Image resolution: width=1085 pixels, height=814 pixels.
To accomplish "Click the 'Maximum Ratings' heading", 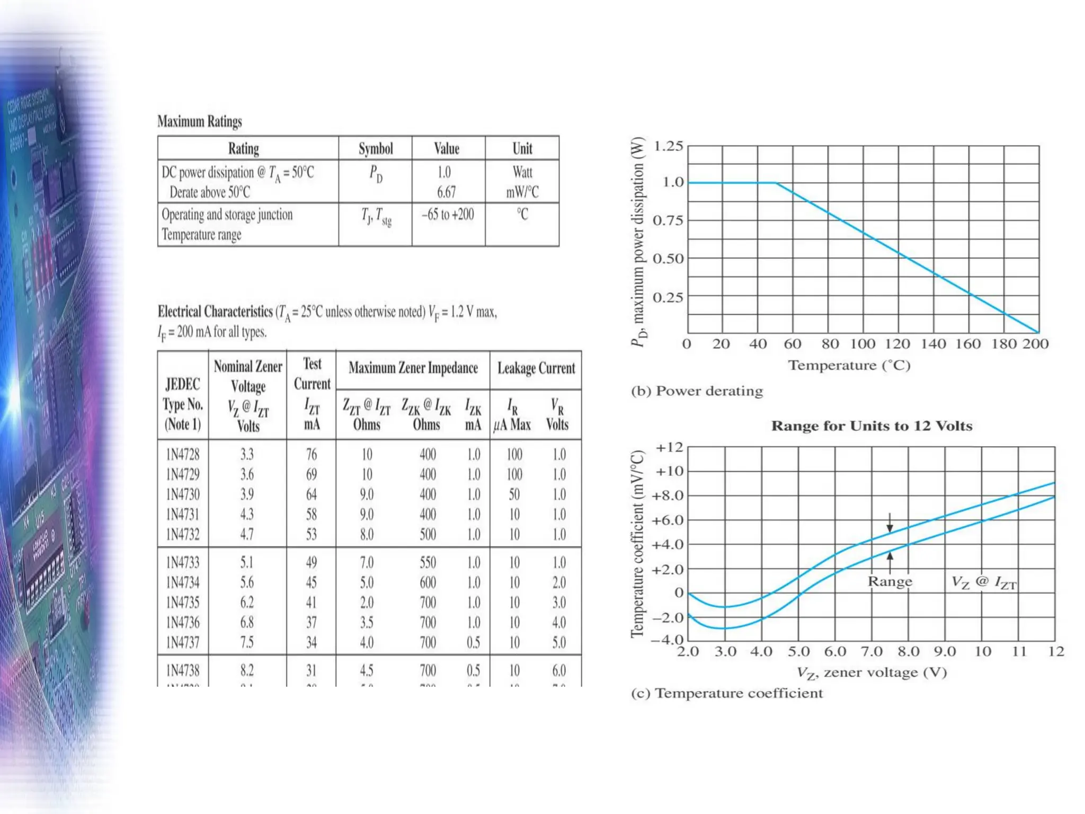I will (x=200, y=121).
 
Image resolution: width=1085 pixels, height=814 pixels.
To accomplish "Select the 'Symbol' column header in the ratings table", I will (x=376, y=148).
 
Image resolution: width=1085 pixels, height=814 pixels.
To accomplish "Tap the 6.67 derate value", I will (x=446, y=192).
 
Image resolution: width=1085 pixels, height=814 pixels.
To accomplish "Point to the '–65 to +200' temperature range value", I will (x=448, y=215).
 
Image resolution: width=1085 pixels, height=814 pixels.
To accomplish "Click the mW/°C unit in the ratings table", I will (x=522, y=192).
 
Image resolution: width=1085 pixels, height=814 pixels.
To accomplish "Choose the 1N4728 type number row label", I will (x=183, y=454).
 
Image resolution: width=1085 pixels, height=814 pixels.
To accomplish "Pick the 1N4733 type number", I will (x=183, y=562).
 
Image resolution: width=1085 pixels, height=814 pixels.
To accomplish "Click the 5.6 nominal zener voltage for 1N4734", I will (x=247, y=582).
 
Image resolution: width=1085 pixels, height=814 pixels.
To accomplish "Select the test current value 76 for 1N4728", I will (x=312, y=454).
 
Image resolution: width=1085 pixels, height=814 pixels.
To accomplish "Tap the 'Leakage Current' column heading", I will (x=536, y=368).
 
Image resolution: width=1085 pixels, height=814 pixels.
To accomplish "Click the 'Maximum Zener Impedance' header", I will (x=413, y=368).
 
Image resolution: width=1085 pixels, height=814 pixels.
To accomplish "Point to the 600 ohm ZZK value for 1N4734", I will (x=428, y=582).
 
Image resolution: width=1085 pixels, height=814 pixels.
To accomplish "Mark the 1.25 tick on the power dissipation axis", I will (x=668, y=146).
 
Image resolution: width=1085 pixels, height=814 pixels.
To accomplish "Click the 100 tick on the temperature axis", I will (x=862, y=344).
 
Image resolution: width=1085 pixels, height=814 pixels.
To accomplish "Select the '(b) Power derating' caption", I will (x=697, y=391).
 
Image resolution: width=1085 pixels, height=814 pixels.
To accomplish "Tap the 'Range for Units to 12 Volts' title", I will (x=871, y=426).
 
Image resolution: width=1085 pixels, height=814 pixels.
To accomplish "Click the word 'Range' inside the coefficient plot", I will (x=890, y=581).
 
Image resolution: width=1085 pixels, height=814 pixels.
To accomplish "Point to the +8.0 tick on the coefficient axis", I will (x=667, y=496).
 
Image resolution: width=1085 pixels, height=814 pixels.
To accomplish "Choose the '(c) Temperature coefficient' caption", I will (x=727, y=693).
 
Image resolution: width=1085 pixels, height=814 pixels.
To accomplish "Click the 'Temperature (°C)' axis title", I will (x=849, y=366).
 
